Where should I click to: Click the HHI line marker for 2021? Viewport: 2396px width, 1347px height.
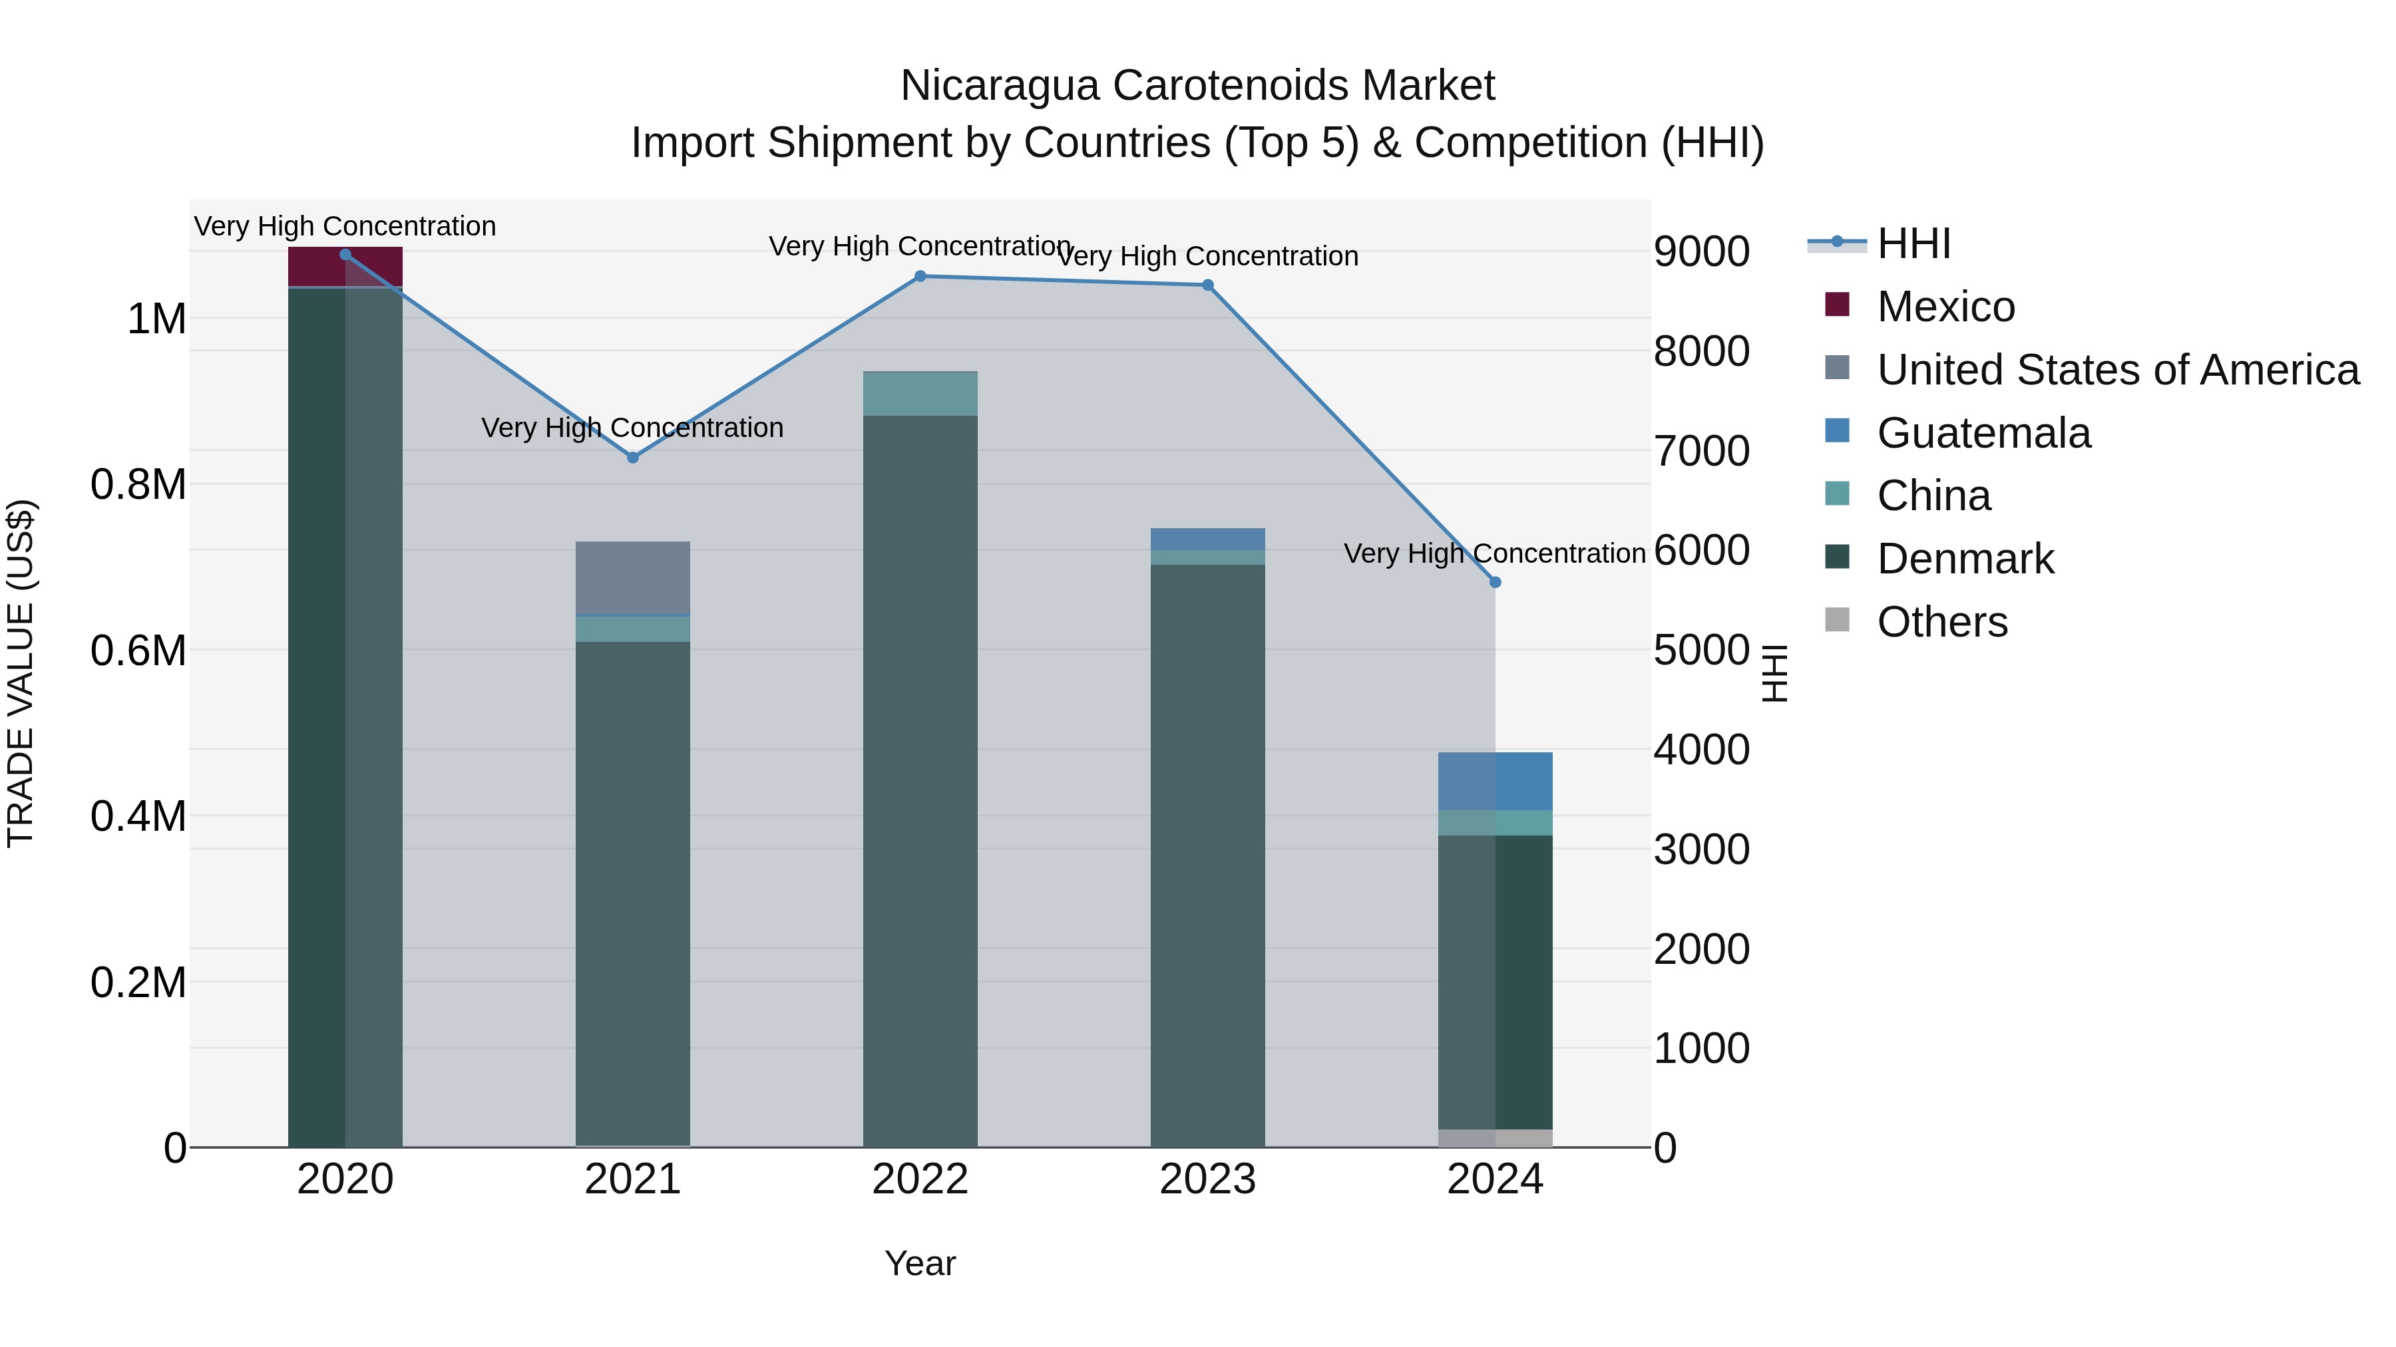pyautogui.click(x=632, y=458)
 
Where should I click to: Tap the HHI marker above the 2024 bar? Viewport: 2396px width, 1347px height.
pyautogui.click(x=1495, y=583)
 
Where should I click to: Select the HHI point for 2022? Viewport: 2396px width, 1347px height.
pyautogui.click(x=920, y=276)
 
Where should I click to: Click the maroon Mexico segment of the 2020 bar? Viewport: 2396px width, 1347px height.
pyautogui.click(x=345, y=267)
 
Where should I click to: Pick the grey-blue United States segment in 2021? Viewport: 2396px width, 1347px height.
pyautogui.click(x=632, y=578)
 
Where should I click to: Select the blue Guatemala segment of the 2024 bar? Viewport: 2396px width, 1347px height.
pyautogui.click(x=1495, y=781)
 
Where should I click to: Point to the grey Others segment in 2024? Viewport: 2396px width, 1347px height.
pyautogui.click(x=1495, y=1138)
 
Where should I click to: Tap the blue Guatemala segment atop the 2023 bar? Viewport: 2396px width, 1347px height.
pyautogui.click(x=1207, y=539)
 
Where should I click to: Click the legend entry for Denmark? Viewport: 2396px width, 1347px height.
pyautogui.click(x=1965, y=559)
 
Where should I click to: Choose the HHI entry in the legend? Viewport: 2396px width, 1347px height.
pyautogui.click(x=1913, y=243)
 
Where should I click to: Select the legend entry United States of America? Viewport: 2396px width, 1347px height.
pyautogui.click(x=2117, y=370)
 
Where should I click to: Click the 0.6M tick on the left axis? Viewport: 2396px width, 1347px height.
pyautogui.click(x=138, y=651)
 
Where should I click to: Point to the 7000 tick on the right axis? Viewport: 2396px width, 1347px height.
pyautogui.click(x=1700, y=452)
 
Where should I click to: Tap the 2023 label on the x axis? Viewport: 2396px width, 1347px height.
pyautogui.click(x=1207, y=1179)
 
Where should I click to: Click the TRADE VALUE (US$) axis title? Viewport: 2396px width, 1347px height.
pyautogui.click(x=21, y=673)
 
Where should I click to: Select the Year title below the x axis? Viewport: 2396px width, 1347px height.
pyautogui.click(x=920, y=1263)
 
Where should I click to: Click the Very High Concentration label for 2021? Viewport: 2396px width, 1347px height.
pyautogui.click(x=632, y=428)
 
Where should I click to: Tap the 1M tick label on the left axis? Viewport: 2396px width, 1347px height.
pyautogui.click(x=156, y=319)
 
